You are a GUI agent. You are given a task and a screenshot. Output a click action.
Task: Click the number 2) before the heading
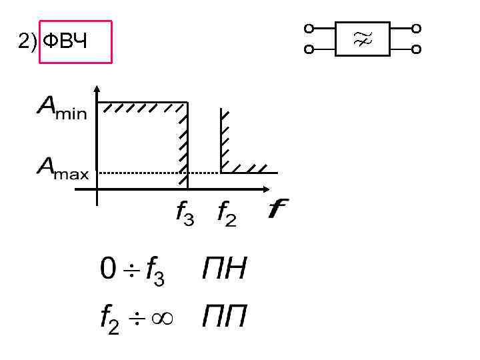coord(27,43)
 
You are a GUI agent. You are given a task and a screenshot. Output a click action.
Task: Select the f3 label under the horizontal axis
coord(184,215)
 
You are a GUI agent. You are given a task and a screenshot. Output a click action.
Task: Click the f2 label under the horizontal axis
coord(227,215)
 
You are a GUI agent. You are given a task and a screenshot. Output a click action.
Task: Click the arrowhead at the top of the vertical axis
coord(97,90)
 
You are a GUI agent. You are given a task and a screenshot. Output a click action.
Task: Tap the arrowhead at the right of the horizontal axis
coord(272,188)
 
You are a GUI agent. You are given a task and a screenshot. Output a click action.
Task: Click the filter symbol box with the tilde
coord(362,39)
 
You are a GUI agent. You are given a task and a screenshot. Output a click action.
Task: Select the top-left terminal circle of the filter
coord(308,29)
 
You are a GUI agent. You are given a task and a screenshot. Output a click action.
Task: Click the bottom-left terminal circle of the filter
coord(308,49)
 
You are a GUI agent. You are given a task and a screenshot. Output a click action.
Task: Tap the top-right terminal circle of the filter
coord(417,29)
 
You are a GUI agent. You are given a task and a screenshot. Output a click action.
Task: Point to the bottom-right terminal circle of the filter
coord(417,49)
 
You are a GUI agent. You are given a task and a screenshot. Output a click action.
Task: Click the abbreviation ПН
coord(225,270)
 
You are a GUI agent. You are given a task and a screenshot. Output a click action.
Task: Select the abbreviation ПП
coord(225,317)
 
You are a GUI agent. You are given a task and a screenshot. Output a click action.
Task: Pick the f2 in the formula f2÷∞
coord(110,321)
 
